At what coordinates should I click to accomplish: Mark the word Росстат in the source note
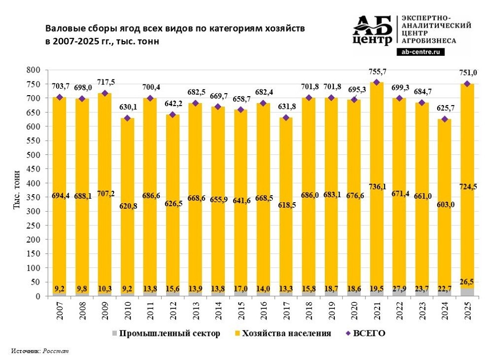[56, 351]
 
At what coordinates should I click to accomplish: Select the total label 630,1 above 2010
[127, 108]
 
